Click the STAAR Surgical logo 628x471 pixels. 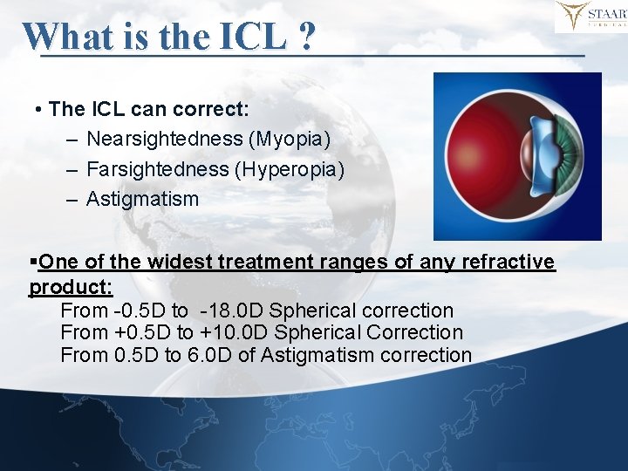pos(590,17)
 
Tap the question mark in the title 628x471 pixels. pos(306,37)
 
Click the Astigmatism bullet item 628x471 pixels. pos(142,199)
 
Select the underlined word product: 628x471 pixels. pos(71,286)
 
